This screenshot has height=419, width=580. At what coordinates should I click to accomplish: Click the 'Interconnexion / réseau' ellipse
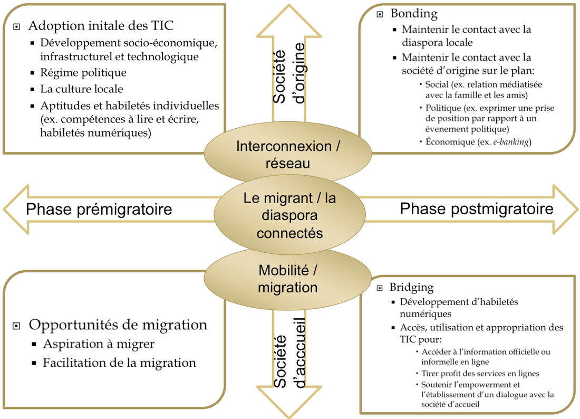click(x=287, y=154)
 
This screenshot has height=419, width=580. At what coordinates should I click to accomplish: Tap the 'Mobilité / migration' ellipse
click(x=287, y=279)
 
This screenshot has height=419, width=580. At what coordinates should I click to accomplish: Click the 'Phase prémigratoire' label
click(x=99, y=209)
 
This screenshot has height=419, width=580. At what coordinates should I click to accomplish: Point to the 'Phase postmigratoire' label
click(x=477, y=208)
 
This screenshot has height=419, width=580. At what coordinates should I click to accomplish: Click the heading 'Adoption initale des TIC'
click(x=100, y=25)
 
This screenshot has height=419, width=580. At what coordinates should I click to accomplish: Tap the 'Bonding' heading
click(x=414, y=13)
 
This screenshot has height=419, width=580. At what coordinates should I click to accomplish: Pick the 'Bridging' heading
click(x=411, y=288)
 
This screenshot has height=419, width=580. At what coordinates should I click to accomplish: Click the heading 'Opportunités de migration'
click(x=118, y=325)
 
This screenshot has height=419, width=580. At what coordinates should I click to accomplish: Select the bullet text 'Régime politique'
click(x=83, y=72)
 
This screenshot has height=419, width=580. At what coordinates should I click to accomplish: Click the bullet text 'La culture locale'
click(x=82, y=89)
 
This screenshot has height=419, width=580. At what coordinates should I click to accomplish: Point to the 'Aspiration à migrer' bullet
click(x=99, y=344)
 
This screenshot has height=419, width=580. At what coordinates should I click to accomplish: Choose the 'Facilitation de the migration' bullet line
click(x=119, y=363)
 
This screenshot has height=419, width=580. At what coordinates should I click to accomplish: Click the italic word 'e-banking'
click(x=511, y=141)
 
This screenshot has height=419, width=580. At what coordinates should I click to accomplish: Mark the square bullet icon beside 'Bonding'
click(x=380, y=14)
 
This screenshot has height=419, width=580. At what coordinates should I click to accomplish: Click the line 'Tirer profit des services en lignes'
click(x=480, y=373)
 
